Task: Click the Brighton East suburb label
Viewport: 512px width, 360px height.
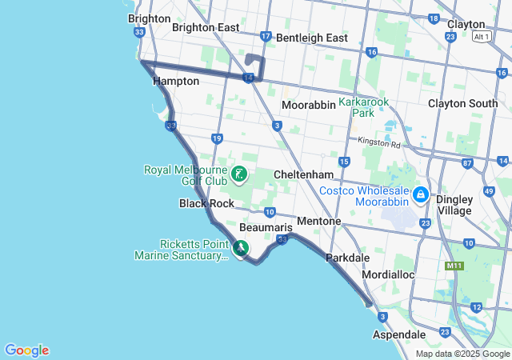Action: [x=206, y=27]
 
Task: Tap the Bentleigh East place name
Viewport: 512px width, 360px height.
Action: [x=314, y=38]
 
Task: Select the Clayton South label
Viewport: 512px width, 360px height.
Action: [x=462, y=103]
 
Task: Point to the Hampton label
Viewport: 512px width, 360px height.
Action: [x=175, y=81]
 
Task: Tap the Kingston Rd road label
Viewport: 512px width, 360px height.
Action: [x=379, y=143]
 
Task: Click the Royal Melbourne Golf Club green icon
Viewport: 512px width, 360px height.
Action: [x=238, y=174]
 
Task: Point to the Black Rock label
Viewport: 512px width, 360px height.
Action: [x=206, y=203]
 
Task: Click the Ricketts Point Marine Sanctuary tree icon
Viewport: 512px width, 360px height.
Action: [x=241, y=250]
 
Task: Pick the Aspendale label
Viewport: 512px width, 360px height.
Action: [x=399, y=334]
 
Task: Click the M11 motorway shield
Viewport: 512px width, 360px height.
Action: [x=455, y=266]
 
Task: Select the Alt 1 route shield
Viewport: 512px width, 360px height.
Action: [x=481, y=37]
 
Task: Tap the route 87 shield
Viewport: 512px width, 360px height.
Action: [x=467, y=163]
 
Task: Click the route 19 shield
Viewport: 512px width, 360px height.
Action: [x=217, y=138]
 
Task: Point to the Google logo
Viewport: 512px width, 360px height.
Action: [x=26, y=350]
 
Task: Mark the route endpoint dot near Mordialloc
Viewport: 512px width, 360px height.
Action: [x=368, y=302]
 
